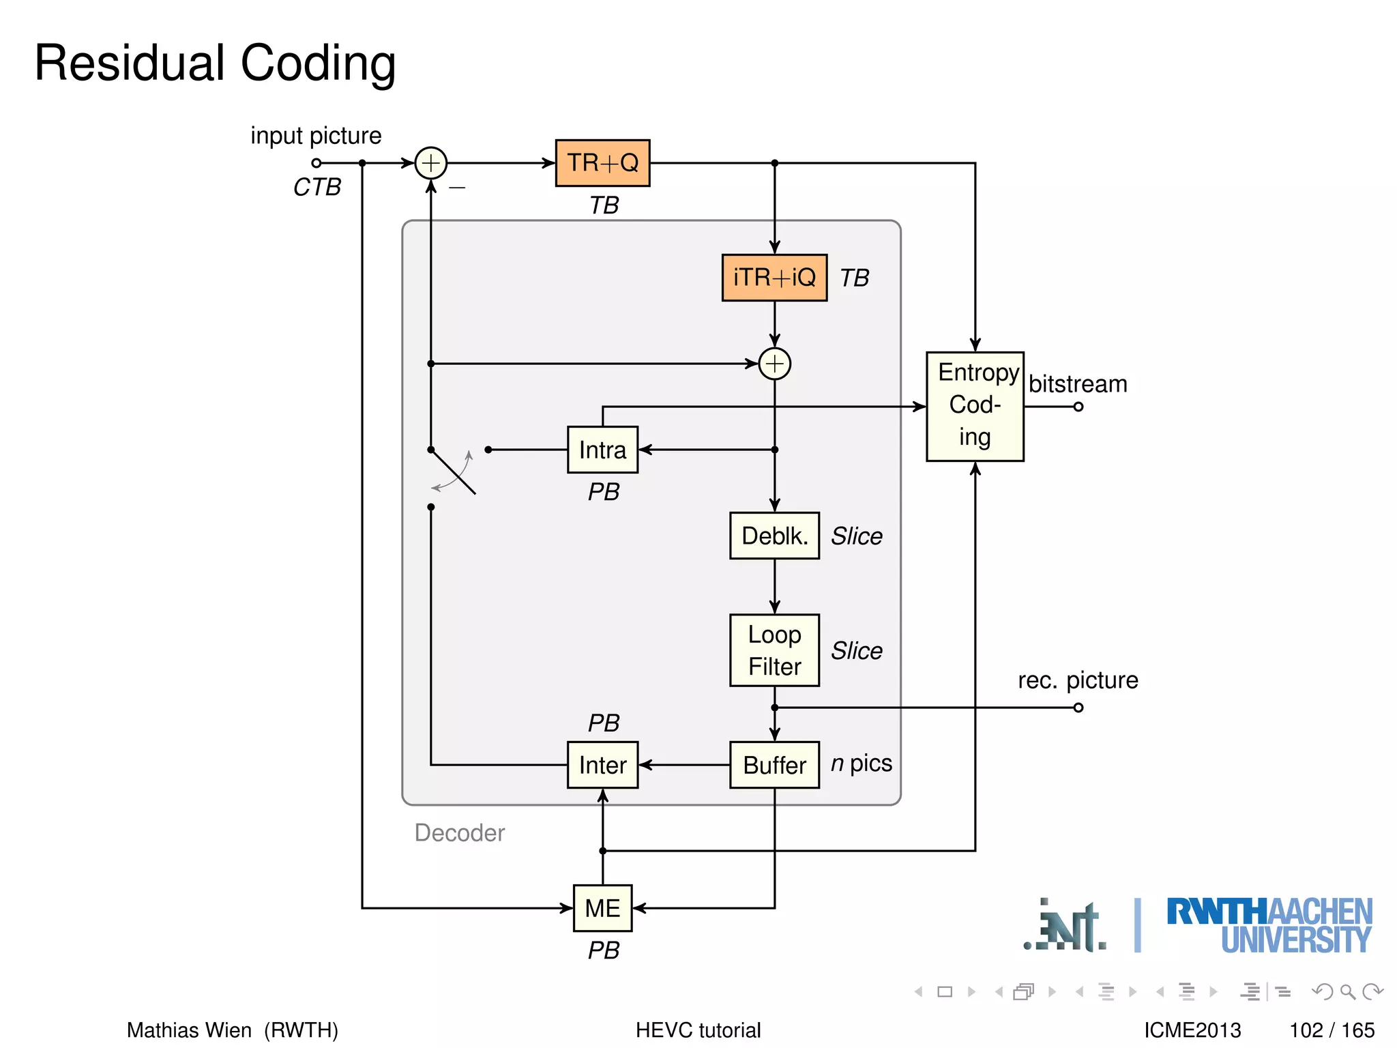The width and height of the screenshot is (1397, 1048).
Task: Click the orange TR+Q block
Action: pyautogui.click(x=602, y=163)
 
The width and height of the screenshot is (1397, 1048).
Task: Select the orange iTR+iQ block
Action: pyautogui.click(x=774, y=278)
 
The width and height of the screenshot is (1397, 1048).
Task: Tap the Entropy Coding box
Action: pyautogui.click(x=975, y=407)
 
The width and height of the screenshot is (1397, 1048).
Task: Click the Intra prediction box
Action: pyautogui.click(x=602, y=450)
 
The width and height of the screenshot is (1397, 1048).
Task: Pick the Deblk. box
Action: pyautogui.click(x=774, y=536)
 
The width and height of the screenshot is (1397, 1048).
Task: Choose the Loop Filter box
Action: pyautogui.click(x=774, y=650)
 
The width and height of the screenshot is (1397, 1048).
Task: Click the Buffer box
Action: pyautogui.click(x=774, y=765)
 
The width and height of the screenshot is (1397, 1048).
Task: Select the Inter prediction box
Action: pyautogui.click(x=602, y=765)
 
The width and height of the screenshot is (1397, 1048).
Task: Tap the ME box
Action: pyautogui.click(x=602, y=908)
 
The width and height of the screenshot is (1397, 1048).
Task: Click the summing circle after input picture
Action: pyautogui.click(x=431, y=163)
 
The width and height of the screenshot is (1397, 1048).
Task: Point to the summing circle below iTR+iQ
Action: pyautogui.click(x=775, y=364)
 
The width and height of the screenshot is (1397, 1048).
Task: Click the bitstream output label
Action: pyautogui.click(x=1078, y=384)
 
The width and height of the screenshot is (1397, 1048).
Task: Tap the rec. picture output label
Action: pyautogui.click(x=1078, y=680)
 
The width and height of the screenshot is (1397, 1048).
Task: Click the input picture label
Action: pyautogui.click(x=316, y=136)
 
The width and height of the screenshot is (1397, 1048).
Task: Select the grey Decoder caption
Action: pyautogui.click(x=459, y=833)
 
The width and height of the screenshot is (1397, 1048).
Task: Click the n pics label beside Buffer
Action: pyautogui.click(x=862, y=763)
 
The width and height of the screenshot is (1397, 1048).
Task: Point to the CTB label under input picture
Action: pyautogui.click(x=317, y=187)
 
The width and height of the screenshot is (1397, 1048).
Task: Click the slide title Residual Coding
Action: pyautogui.click(x=215, y=63)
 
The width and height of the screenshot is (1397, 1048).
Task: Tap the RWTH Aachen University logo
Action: pyautogui.click(x=1269, y=925)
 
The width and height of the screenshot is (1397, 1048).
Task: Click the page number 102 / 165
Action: pyautogui.click(x=1332, y=1030)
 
